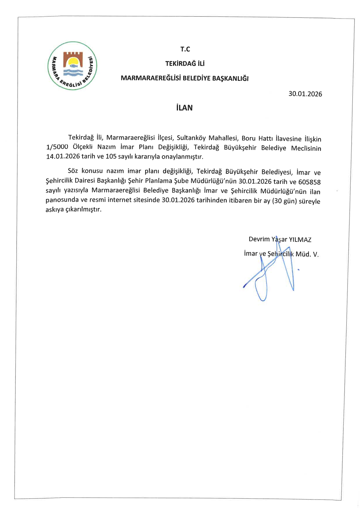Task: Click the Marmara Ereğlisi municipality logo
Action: click(x=72, y=66)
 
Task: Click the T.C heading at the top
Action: click(x=185, y=49)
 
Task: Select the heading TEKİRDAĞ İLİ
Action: click(x=185, y=63)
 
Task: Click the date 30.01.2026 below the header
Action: click(x=305, y=94)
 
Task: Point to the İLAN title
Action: click(x=184, y=108)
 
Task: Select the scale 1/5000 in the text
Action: click(x=57, y=147)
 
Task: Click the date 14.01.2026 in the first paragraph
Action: click(x=63, y=156)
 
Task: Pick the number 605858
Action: click(x=309, y=182)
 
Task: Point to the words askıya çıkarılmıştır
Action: click(x=73, y=209)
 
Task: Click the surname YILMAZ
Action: click(x=300, y=240)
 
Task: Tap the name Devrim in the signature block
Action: click(x=259, y=239)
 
